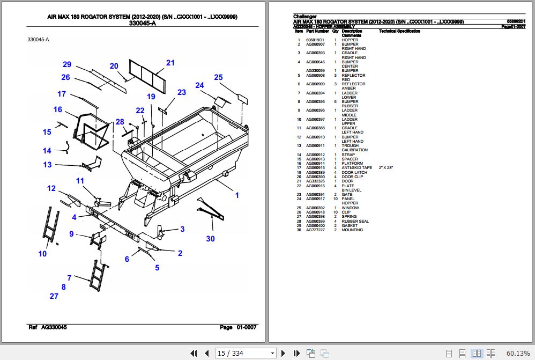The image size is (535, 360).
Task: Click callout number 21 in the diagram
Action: [x=170, y=63]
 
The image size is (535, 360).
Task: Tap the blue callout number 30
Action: [x=210, y=238]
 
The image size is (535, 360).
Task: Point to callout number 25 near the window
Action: [x=218, y=77]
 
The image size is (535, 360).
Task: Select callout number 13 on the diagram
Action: [x=48, y=165]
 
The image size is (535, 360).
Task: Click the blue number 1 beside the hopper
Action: [x=237, y=195]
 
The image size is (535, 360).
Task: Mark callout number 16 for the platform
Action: [x=57, y=110]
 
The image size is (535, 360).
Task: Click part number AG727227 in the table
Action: [x=315, y=230]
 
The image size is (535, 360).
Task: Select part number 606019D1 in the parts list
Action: [x=315, y=40]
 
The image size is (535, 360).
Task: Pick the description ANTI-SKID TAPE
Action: [x=356, y=168]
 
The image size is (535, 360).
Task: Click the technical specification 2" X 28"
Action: [x=386, y=168]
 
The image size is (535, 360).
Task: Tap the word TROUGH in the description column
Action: [x=350, y=146]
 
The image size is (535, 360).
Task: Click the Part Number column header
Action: [x=317, y=31]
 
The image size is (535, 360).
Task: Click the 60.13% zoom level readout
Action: [x=518, y=353]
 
